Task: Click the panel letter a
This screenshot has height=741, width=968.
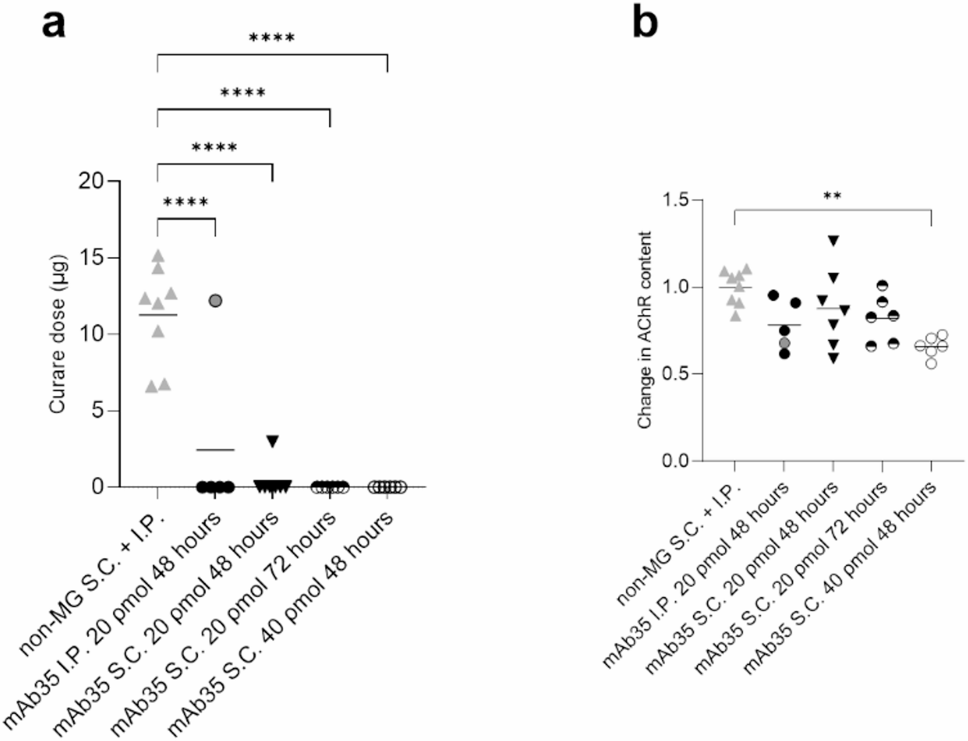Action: click(54, 24)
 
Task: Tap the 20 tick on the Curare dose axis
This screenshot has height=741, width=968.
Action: click(92, 181)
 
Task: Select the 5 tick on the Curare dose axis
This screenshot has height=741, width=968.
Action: click(98, 411)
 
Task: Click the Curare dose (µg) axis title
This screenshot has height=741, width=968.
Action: click(58, 334)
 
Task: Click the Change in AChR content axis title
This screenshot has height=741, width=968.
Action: click(645, 330)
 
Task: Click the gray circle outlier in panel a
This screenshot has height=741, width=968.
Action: click(215, 301)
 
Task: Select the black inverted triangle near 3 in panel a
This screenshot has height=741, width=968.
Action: click(273, 441)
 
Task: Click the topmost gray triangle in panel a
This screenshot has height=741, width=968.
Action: click(158, 256)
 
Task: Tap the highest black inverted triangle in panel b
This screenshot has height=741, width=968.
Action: click(834, 241)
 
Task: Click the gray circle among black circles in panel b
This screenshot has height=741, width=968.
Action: click(785, 343)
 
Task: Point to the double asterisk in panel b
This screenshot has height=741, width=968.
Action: click(833, 196)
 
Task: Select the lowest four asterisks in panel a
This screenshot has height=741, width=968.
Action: click(186, 202)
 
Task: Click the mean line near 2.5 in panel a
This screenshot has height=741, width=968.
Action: click(215, 450)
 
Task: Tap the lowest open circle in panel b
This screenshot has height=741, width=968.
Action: click(931, 363)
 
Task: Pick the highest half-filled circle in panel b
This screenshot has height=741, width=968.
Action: click(882, 286)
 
